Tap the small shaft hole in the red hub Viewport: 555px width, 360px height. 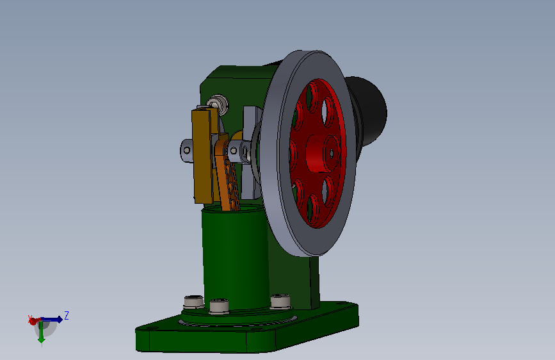(x=332, y=154)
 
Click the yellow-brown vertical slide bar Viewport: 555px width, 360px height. (x=204, y=156)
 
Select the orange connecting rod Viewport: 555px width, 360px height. (x=227, y=174)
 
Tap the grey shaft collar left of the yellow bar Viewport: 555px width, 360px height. (x=186, y=151)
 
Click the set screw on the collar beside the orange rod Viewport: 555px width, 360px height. (x=234, y=151)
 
